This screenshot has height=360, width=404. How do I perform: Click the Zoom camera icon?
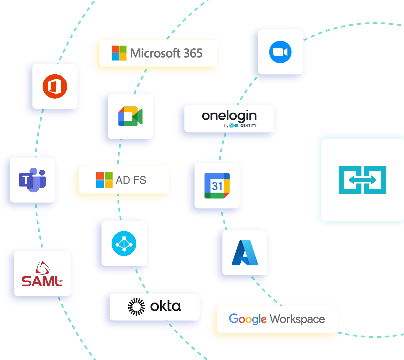(x=280, y=52)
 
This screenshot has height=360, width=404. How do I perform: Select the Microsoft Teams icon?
(x=33, y=180)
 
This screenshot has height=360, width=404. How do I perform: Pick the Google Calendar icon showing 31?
(x=217, y=186)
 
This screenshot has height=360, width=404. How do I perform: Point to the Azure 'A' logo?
(x=245, y=253)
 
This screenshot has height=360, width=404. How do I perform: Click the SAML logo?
(x=42, y=275)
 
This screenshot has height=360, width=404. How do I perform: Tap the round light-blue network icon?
(x=124, y=243)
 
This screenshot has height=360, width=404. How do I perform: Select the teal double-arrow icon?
(x=362, y=180)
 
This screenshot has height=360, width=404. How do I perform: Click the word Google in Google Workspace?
(x=247, y=319)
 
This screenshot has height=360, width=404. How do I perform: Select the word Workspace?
(x=297, y=319)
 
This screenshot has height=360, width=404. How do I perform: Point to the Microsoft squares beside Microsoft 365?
(x=119, y=53)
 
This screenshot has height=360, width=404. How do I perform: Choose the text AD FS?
(x=131, y=180)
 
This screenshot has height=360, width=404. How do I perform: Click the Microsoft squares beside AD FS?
(x=104, y=180)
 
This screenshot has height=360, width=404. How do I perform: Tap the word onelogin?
(x=230, y=116)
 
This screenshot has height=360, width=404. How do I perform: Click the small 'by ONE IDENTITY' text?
(x=240, y=126)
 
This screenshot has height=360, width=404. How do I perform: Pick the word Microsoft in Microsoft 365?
(x=156, y=53)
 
